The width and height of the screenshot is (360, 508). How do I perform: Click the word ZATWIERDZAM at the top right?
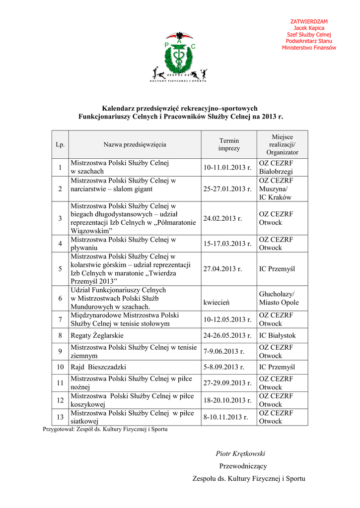309,21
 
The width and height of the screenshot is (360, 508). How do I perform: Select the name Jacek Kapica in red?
309,28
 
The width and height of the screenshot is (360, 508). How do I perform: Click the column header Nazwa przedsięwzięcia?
135,144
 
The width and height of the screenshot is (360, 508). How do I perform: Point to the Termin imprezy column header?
228,144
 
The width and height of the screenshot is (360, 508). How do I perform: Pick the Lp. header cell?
60,144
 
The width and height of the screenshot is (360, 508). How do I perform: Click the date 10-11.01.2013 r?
227,167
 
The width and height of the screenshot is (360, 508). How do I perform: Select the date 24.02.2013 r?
222,218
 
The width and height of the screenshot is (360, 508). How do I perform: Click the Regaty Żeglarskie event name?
97,335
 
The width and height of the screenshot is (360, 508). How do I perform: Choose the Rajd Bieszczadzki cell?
98,367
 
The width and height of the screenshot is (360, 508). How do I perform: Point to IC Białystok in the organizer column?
277,335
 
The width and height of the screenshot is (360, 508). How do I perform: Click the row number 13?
60,417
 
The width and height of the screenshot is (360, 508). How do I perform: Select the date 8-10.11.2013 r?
225,417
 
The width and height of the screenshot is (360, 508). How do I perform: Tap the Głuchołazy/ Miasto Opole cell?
279,298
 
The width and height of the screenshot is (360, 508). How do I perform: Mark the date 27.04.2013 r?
222,269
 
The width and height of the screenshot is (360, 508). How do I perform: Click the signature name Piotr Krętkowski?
240,453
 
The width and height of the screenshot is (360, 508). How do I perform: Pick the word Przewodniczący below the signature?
243,466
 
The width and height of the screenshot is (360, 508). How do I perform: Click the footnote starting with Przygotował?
105,429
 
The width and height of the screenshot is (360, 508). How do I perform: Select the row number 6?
60,298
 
